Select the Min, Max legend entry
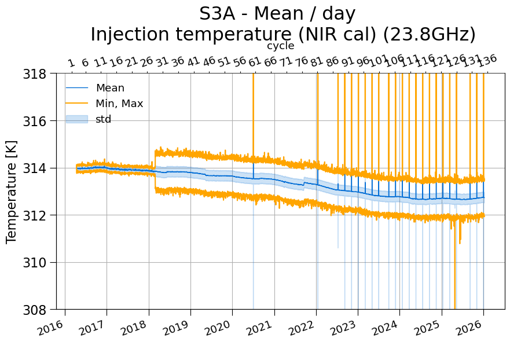click(x=104, y=104)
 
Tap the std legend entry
click(x=89, y=119)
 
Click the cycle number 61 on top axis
click(x=254, y=61)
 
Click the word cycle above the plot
click(x=281, y=46)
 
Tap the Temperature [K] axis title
click(x=11, y=192)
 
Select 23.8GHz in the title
click(x=429, y=35)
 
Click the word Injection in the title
click(x=130, y=35)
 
